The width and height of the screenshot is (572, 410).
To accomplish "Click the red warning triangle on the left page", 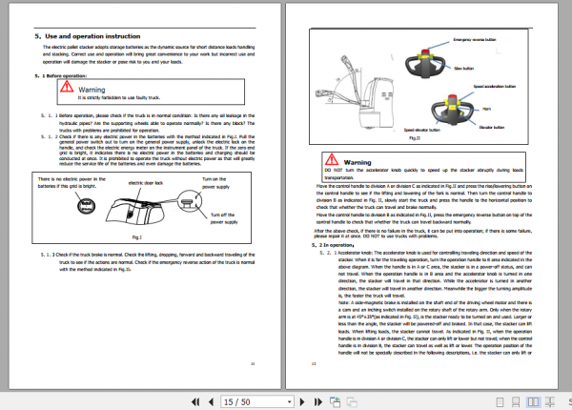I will (66, 87).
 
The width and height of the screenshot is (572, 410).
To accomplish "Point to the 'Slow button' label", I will (490, 69).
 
